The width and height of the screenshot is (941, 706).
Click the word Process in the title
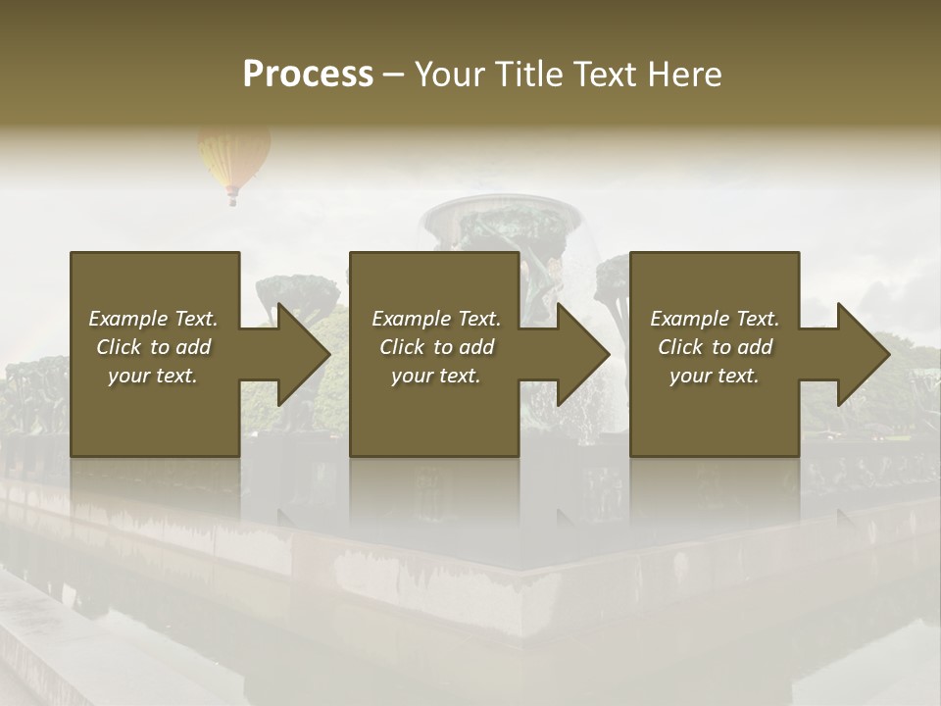[x=308, y=74]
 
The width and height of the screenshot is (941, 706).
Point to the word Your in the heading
[x=452, y=74]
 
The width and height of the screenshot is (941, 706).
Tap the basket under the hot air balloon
[x=232, y=200]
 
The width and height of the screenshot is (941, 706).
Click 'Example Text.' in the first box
[x=153, y=319]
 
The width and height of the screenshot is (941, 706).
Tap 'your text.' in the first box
[x=153, y=376]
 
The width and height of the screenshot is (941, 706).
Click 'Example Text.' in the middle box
[x=436, y=319]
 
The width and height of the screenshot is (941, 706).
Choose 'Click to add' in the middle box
[x=436, y=347]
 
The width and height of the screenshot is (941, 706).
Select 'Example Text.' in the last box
[x=715, y=319]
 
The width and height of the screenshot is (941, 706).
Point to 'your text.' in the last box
[x=715, y=376]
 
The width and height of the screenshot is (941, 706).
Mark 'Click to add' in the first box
[x=153, y=347]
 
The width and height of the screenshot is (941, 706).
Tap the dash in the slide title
[x=394, y=75]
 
